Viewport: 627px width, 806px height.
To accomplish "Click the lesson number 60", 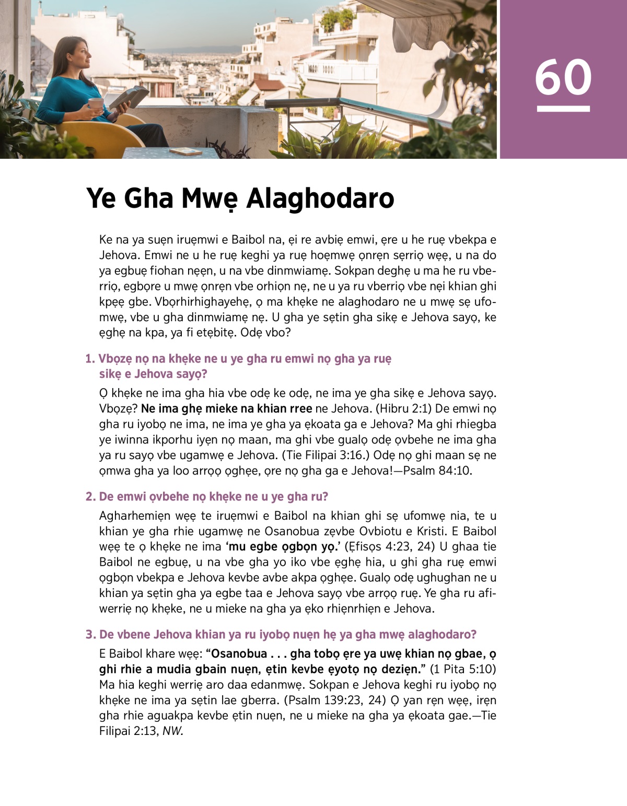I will pyautogui.click(x=563, y=77).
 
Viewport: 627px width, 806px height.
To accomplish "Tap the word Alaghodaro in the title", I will pyautogui.click(x=320, y=198).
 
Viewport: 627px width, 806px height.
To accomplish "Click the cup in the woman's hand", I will pyautogui.click(x=96, y=104).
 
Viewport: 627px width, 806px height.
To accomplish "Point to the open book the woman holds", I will pyautogui.click(x=129, y=97).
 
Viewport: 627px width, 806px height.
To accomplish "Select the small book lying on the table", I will pyautogui.click(x=186, y=151).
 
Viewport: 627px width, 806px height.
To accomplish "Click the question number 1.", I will pyautogui.click(x=90, y=359).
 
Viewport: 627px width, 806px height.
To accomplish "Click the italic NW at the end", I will pyautogui.click(x=172, y=731).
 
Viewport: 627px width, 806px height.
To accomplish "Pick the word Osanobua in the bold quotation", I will pyautogui.click(x=239, y=654).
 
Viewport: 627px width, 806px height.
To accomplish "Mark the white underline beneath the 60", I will pyautogui.click(x=563, y=109).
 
